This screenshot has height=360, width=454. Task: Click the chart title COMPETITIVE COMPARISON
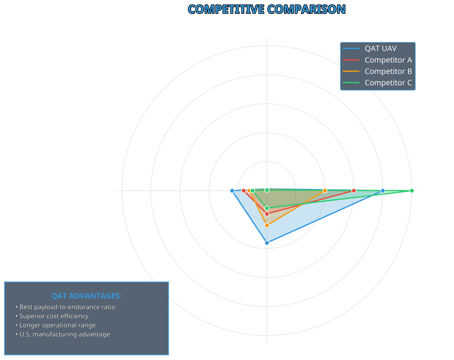(267, 9)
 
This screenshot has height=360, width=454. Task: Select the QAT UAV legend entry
(380, 49)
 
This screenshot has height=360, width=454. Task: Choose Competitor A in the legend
(388, 60)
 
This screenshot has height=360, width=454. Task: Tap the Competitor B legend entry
(388, 71)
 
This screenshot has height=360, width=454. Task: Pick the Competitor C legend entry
(388, 83)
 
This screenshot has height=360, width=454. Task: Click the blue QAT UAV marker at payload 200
(383, 191)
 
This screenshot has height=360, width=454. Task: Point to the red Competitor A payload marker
(354, 191)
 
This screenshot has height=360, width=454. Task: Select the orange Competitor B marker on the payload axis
(325, 191)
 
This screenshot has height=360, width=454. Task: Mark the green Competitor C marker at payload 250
(412, 191)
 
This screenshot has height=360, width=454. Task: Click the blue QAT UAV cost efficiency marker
(267, 243)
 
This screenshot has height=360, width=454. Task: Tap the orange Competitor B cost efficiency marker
(267, 225)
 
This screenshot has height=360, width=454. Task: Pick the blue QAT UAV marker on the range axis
(232, 191)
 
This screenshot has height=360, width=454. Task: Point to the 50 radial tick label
(299, 187)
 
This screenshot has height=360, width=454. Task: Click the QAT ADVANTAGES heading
(87, 296)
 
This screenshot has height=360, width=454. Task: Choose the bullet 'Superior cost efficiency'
(54, 316)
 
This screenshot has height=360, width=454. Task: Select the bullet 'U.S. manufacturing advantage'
(64, 334)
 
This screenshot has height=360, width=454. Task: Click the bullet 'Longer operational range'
(57, 325)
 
